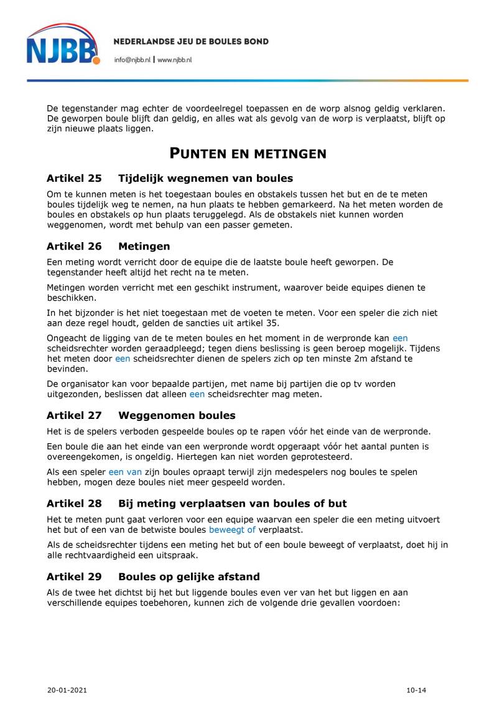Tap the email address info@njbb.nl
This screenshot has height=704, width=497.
click(132, 60)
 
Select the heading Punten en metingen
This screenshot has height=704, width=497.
click(248, 153)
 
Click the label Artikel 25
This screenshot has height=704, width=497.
click(74, 178)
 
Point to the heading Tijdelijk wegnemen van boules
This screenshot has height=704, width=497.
click(205, 178)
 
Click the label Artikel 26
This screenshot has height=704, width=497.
click(74, 246)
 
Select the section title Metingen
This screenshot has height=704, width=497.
click(144, 246)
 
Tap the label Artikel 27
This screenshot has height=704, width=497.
click(74, 415)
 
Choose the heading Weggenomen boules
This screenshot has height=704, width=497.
click(177, 415)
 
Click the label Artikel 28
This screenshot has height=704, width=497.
click(74, 504)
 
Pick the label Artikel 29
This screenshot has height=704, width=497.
click(74, 577)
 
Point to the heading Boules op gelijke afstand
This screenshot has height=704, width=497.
click(189, 577)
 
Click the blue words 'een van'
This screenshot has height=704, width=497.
click(125, 472)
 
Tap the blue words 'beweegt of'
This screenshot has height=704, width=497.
click(232, 530)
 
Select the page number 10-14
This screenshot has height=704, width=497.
click(416, 690)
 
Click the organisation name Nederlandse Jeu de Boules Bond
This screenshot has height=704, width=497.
click(191, 42)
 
